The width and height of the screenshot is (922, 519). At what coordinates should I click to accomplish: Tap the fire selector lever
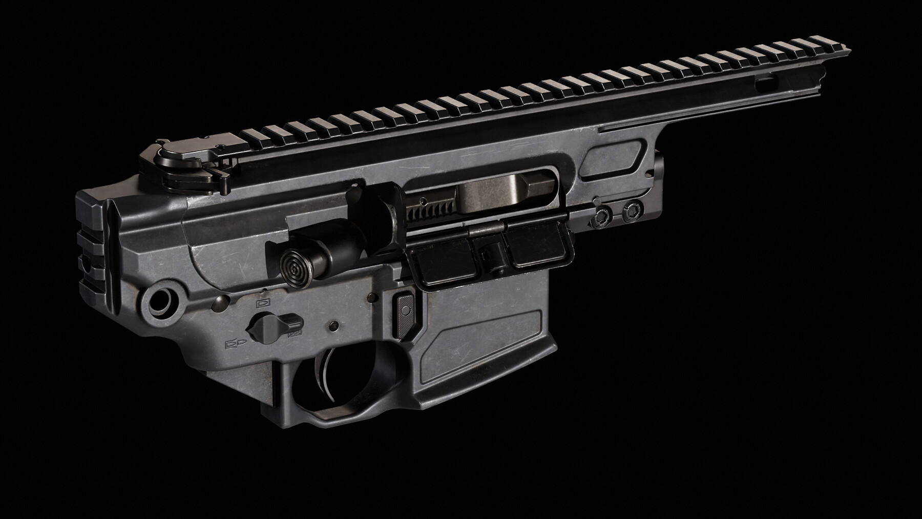click(x=275, y=323)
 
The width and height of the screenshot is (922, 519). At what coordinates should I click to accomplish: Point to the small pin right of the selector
click(x=334, y=325)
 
